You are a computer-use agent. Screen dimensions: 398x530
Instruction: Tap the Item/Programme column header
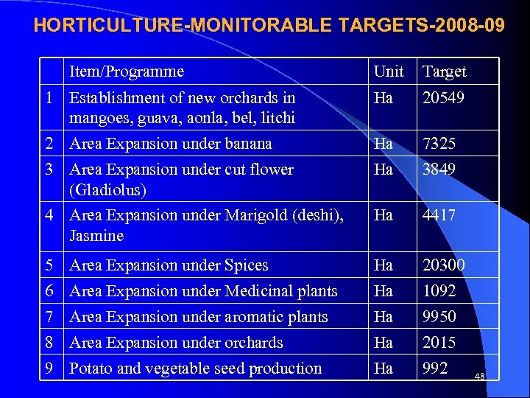pos(127,71)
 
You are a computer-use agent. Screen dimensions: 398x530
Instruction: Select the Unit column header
pos(389,71)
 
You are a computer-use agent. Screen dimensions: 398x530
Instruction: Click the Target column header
pos(444,71)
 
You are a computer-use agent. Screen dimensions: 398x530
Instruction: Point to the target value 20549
pos(443,97)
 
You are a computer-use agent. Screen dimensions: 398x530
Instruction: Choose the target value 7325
pos(439,144)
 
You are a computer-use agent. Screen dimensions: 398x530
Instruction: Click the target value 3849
pos(439,170)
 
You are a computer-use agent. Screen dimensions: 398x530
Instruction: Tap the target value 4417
pos(439,215)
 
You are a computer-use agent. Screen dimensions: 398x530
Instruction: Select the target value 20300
pos(443,265)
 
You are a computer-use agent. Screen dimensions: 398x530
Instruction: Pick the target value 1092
pos(439,291)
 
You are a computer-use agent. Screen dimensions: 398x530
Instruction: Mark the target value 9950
pos(439,317)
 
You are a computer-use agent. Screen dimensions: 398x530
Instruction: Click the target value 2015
pos(439,343)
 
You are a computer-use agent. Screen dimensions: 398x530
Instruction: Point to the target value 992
pos(435,369)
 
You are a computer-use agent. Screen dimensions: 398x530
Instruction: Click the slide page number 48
pos(480,377)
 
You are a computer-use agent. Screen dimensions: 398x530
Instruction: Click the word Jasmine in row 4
pos(96,236)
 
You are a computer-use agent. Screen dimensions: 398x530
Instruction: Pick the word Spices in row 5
pos(246,265)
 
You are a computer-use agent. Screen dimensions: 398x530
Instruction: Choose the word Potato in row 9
pos(91,369)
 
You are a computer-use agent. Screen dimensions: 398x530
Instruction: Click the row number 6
pos(49,291)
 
